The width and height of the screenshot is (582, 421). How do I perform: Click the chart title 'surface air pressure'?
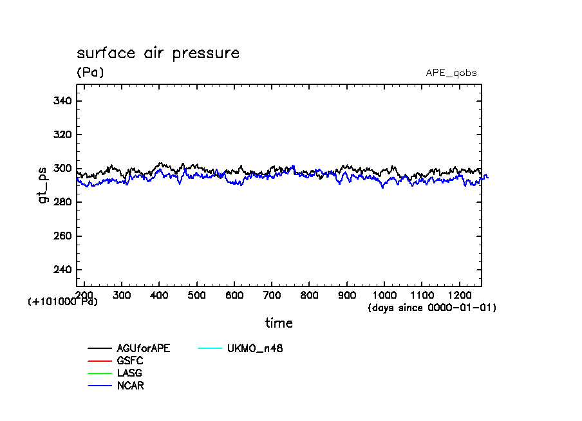click(x=158, y=53)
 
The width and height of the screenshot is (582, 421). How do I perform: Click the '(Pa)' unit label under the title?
click(x=90, y=72)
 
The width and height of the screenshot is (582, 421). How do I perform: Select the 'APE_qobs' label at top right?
click(x=451, y=73)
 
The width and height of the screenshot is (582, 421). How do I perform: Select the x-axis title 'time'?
click(x=279, y=323)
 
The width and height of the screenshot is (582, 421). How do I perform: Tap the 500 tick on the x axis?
click(x=197, y=294)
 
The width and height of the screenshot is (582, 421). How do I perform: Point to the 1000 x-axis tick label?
click(x=384, y=294)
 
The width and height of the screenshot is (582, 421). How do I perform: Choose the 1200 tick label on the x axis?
click(x=459, y=294)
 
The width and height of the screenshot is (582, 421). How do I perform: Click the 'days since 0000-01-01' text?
click(x=432, y=308)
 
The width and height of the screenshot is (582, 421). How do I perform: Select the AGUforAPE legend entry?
click(x=144, y=348)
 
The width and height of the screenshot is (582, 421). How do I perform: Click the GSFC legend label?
click(x=130, y=361)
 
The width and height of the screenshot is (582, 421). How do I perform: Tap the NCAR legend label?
click(x=131, y=386)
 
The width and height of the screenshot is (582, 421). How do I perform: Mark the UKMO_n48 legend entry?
click(x=255, y=348)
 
